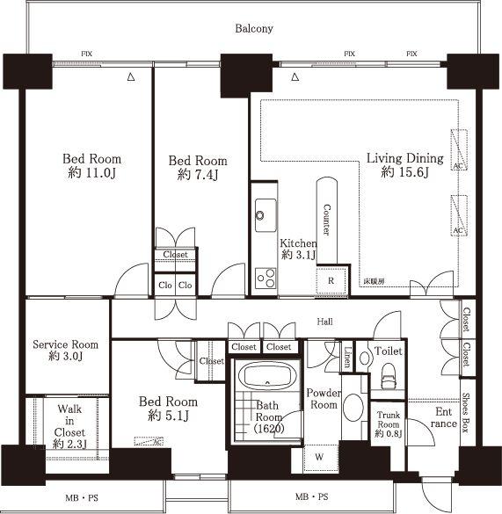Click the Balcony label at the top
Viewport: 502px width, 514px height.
pyautogui.click(x=254, y=29)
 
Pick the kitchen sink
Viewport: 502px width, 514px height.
pyautogui.click(x=265, y=214)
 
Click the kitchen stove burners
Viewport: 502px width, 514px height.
pyautogui.click(x=265, y=278)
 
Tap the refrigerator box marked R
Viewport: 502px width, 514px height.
pyautogui.click(x=331, y=281)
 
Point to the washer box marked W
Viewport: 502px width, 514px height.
pyautogui.click(x=319, y=458)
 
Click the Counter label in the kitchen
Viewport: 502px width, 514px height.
pyautogui.click(x=326, y=220)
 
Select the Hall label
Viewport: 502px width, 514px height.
pyautogui.click(x=324, y=322)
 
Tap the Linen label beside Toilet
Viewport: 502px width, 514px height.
pyautogui.click(x=347, y=357)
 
